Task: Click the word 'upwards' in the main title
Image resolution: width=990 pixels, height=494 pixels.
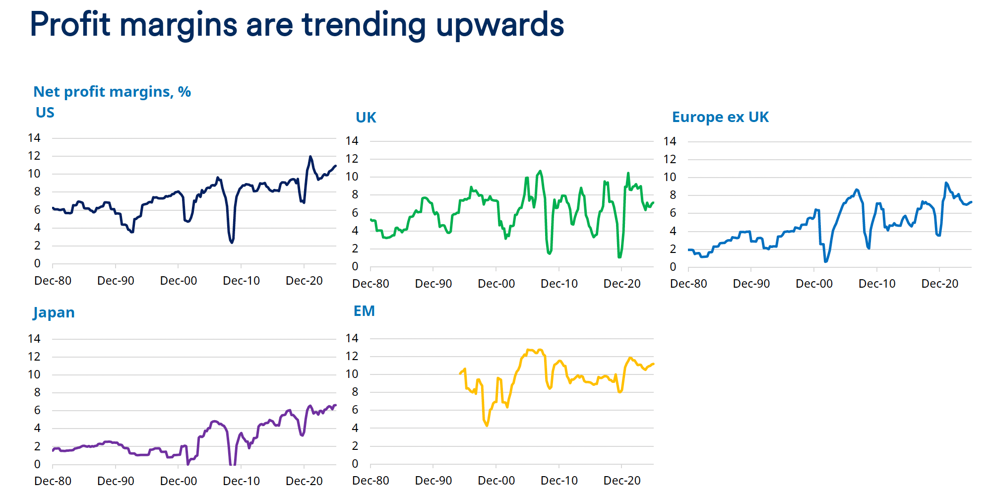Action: tap(500, 25)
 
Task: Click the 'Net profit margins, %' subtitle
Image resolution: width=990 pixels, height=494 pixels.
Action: tap(112, 92)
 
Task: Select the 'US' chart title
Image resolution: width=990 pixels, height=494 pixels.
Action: tap(45, 113)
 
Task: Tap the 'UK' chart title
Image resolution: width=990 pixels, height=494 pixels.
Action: tap(366, 118)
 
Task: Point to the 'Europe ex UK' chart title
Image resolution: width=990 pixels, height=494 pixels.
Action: tap(720, 117)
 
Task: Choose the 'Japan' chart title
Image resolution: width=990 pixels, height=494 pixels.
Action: tap(54, 312)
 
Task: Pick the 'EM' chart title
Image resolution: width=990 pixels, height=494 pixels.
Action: tap(364, 311)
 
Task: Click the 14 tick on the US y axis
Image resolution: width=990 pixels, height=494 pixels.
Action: tap(34, 138)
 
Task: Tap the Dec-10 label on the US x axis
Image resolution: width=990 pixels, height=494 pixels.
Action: tap(242, 281)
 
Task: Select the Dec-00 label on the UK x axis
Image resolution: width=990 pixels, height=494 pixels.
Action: tap(496, 284)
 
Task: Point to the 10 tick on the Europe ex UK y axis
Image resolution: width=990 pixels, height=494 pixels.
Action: tap(670, 177)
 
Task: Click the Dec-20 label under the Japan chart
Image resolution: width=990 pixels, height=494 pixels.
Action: tap(304, 481)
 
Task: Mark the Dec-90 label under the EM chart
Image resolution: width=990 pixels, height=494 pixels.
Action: tap(433, 481)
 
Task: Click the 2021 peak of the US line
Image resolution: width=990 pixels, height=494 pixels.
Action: tap(310, 157)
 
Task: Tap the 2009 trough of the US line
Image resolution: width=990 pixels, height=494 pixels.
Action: tap(232, 242)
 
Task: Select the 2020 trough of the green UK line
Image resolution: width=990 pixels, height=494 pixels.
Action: tap(619, 256)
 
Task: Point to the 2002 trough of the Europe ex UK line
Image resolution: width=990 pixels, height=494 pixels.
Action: tap(825, 261)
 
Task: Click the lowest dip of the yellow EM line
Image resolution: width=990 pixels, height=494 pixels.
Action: tap(487, 425)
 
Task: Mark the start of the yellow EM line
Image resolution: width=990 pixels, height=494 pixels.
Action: tap(460, 373)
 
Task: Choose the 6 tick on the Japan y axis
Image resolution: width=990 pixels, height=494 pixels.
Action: tap(37, 410)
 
